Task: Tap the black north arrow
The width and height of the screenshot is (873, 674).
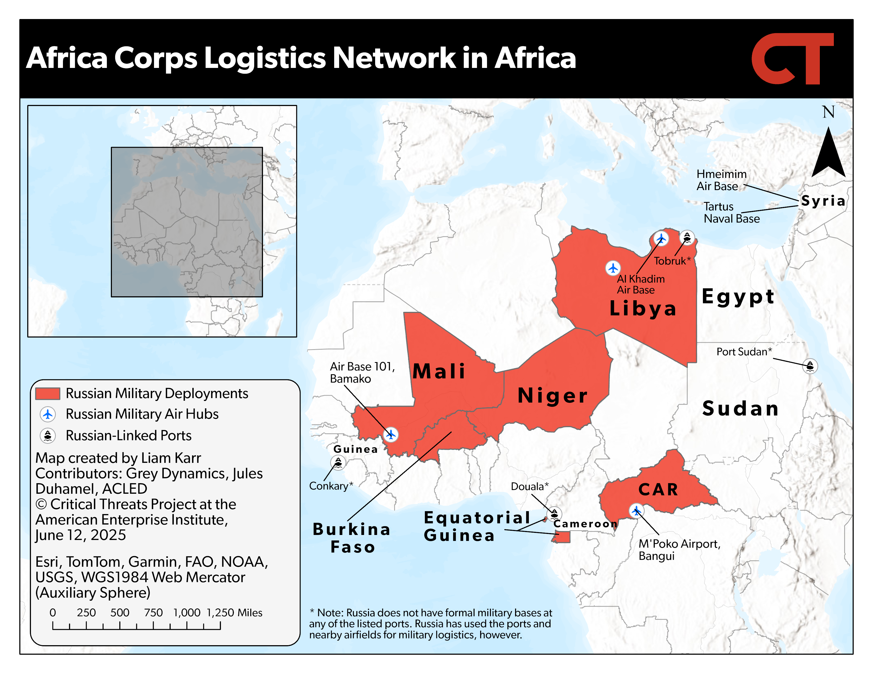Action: [828, 154]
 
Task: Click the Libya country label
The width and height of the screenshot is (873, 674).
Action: [643, 308]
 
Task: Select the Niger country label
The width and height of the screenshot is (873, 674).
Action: [552, 395]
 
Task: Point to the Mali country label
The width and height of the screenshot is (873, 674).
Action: [439, 371]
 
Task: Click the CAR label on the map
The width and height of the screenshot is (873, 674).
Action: [658, 490]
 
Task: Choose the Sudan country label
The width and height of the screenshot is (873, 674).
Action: [740, 408]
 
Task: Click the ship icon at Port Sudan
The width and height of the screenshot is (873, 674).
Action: [810, 366]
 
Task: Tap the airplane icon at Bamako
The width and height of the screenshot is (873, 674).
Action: [390, 434]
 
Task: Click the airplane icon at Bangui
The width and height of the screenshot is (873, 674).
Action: [636, 510]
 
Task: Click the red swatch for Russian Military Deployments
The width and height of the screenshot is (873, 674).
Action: [48, 393]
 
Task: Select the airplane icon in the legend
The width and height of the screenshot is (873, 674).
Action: [48, 414]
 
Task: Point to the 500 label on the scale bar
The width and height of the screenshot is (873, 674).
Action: [120, 612]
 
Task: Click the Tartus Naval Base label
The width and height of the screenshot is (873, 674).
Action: [731, 213]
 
